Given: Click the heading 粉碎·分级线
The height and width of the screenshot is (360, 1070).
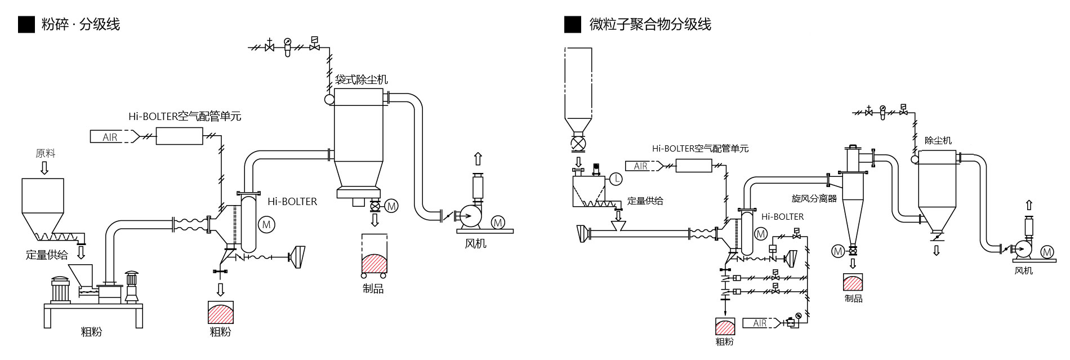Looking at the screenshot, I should click(x=81, y=24).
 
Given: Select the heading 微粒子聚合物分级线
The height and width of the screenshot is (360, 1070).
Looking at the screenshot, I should click(x=650, y=24).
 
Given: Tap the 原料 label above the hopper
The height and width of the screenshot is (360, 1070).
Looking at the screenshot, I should click(x=46, y=153).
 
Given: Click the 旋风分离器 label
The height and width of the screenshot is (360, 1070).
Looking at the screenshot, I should click(x=814, y=198).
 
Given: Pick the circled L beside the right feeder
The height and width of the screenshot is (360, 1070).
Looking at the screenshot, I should click(x=616, y=179).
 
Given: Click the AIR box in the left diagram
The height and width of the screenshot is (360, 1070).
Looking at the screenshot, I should click(x=110, y=136).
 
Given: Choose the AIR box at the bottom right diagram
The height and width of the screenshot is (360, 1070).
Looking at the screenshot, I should click(x=760, y=323).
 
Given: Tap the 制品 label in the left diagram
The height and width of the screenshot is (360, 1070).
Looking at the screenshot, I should click(x=373, y=289).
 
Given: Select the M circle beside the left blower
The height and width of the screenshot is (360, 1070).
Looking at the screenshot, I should click(x=498, y=222).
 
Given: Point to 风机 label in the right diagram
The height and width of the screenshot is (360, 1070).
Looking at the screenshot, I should click(x=1023, y=271).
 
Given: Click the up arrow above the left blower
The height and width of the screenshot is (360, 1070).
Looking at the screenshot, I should click(x=478, y=158).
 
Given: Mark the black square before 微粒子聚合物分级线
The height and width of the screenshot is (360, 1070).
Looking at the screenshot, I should click(x=572, y=24).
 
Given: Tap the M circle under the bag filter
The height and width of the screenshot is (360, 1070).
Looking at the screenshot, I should click(x=391, y=206).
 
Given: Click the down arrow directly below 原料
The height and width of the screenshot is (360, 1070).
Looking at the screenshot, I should click(x=45, y=167).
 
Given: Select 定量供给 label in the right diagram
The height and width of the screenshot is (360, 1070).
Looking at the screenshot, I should click(x=645, y=201).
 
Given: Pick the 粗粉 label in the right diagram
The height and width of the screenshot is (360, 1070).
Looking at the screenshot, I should click(x=724, y=341).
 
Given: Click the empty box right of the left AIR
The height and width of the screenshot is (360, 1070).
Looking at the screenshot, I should click(x=179, y=136).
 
